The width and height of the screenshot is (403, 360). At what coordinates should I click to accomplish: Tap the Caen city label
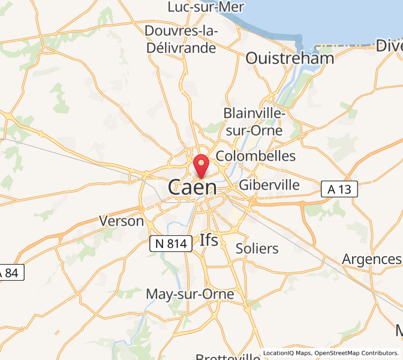click(x=193, y=187)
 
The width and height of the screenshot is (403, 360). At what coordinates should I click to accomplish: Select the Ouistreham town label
click(x=290, y=58)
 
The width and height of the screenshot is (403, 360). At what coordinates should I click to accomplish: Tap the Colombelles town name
click(x=255, y=156)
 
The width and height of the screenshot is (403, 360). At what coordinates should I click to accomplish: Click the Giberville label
click(x=269, y=185)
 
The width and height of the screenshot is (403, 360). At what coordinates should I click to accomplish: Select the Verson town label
click(x=122, y=221)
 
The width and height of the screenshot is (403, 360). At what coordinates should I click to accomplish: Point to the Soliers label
click(x=257, y=248)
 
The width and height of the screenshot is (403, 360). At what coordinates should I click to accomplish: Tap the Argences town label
click(x=371, y=259)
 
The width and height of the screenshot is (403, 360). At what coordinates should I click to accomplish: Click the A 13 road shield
click(x=339, y=189)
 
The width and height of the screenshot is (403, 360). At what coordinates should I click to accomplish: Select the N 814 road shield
click(x=171, y=243)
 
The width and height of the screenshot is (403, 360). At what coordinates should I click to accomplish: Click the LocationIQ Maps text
click(x=287, y=353)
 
